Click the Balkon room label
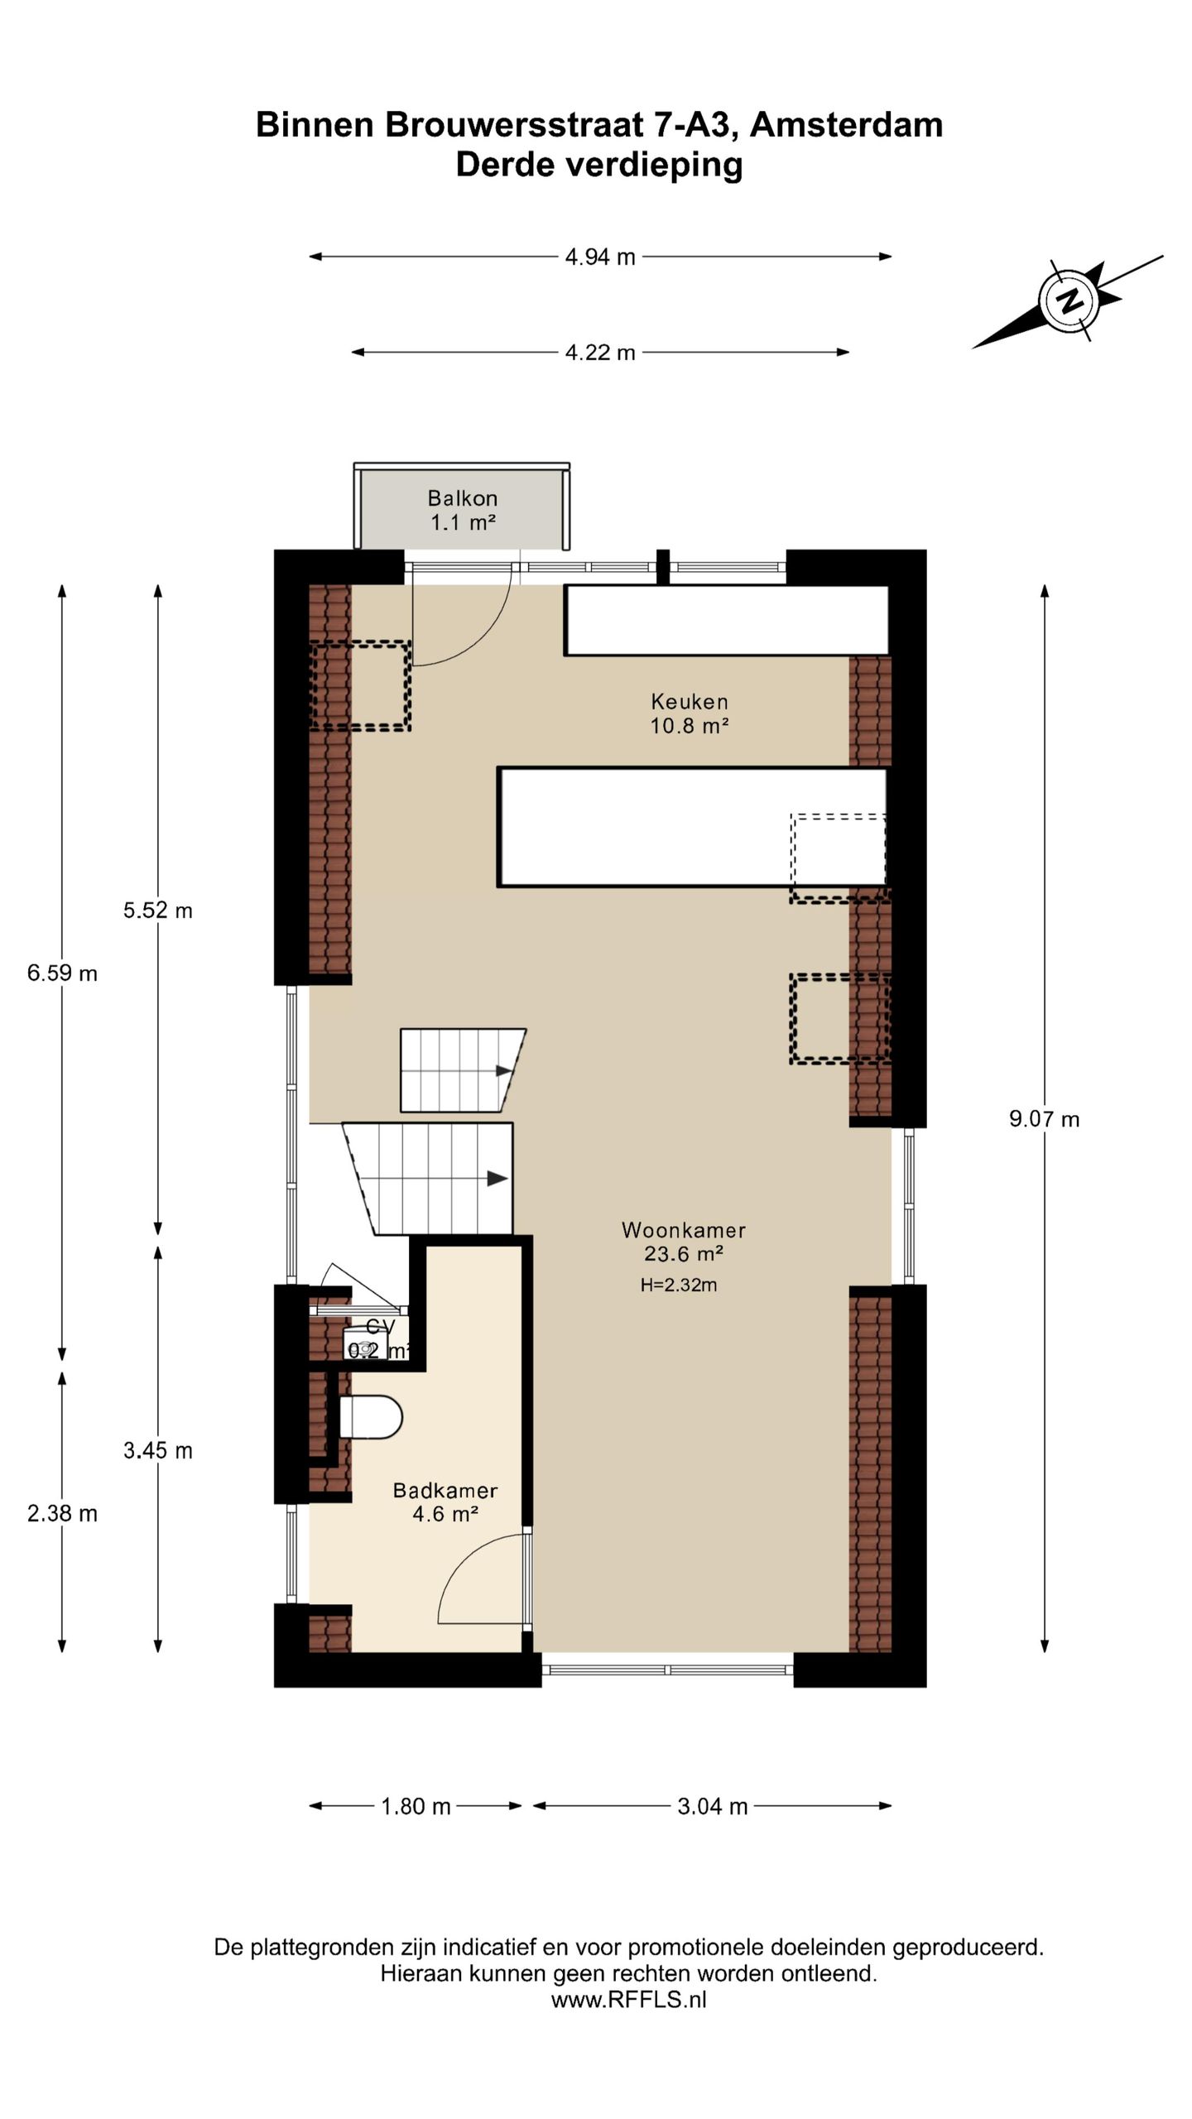click(463, 510)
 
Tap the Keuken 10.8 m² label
click(690, 714)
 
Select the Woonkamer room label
click(684, 1242)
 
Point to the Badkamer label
click(445, 1502)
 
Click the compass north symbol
click(1069, 300)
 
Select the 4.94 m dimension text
click(600, 257)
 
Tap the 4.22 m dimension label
click(600, 353)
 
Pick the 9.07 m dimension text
click(1045, 1119)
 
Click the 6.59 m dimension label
click(62, 973)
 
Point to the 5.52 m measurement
click(158, 911)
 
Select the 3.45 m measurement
click(158, 1450)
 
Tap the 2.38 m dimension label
click(62, 1513)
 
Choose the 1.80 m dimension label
click(416, 1806)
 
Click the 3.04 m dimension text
click(713, 1806)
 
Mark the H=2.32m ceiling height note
click(679, 1285)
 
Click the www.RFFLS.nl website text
click(629, 2000)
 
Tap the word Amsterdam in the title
click(846, 125)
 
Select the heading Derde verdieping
click(599, 165)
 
